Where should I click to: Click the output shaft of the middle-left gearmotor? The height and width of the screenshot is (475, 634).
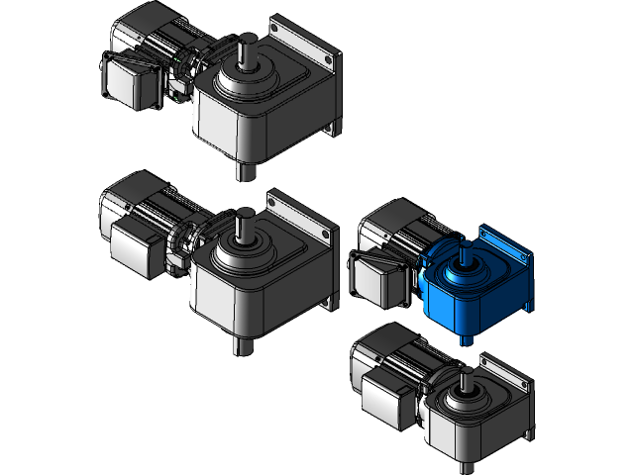coord(244,226)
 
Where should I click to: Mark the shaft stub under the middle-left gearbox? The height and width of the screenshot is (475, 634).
coord(241,344)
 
